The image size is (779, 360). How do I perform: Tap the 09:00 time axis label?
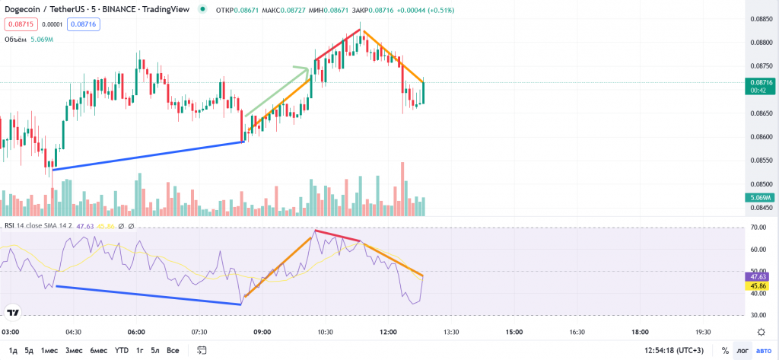tap(262, 332)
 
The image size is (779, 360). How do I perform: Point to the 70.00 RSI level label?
tap(758, 228)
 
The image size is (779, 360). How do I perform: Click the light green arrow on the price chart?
tap(278, 92)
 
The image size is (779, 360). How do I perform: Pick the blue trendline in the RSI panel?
tap(148, 295)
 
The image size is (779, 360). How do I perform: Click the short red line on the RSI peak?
tap(336, 235)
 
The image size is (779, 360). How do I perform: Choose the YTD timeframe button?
tap(121, 350)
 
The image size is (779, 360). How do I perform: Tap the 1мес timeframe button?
tap(49, 350)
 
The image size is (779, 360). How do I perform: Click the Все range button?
tap(173, 350)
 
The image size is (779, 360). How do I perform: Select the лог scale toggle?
tap(742, 350)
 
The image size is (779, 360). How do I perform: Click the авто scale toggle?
tap(763, 350)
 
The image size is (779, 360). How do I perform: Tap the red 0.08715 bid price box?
tap(20, 24)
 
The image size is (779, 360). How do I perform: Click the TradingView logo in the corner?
tap(13, 312)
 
